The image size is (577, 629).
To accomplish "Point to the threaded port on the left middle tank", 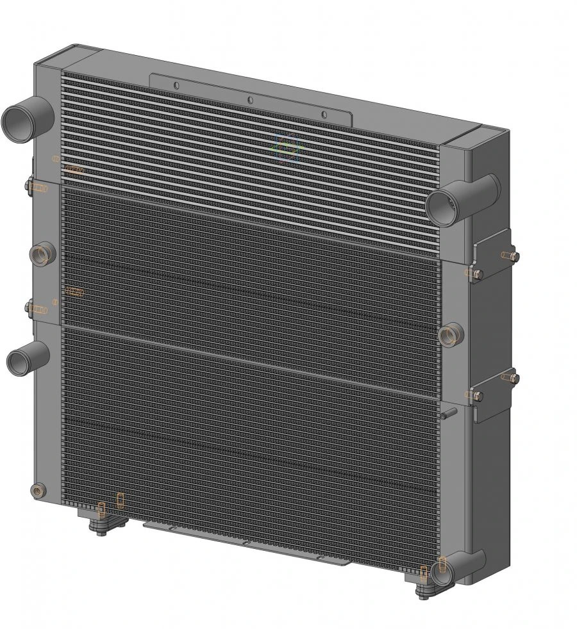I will [42, 254].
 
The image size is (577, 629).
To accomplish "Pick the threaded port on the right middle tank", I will [450, 334].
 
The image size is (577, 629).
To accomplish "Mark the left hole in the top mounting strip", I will [176, 86].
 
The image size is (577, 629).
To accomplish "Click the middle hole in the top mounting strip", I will [250, 100].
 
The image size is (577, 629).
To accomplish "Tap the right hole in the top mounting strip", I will [324, 115].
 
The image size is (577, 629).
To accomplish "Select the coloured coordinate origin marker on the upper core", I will [287, 147].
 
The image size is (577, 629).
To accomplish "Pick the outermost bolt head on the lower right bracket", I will [514, 379].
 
